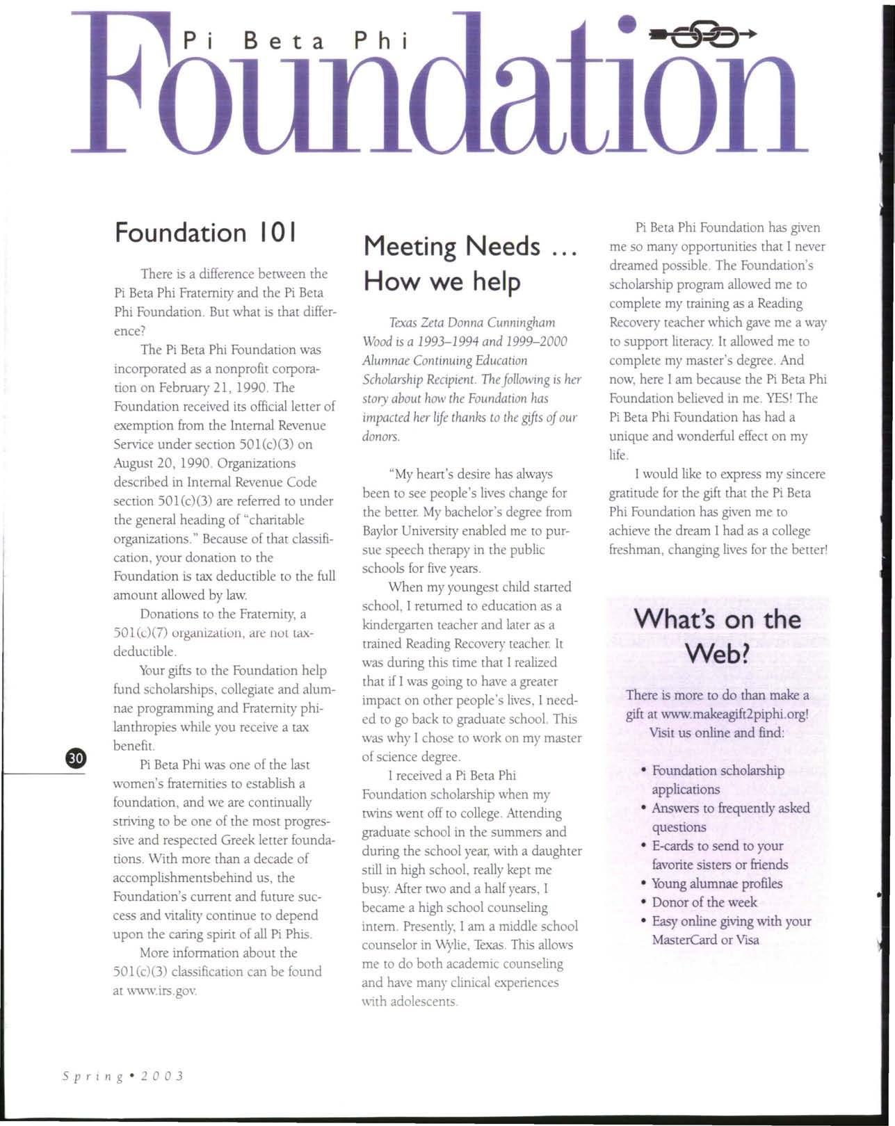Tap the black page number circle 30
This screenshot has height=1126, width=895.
click(75, 758)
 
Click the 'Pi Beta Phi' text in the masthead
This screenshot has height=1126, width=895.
click(294, 42)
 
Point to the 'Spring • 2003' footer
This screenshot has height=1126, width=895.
click(122, 1076)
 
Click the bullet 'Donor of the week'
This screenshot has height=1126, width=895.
click(704, 902)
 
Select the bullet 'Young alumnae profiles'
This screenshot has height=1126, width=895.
click(716, 883)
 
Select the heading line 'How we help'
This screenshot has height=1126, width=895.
click(442, 281)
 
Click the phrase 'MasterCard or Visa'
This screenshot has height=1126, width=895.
click(705, 940)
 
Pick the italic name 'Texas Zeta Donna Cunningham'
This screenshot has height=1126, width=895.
click(471, 323)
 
